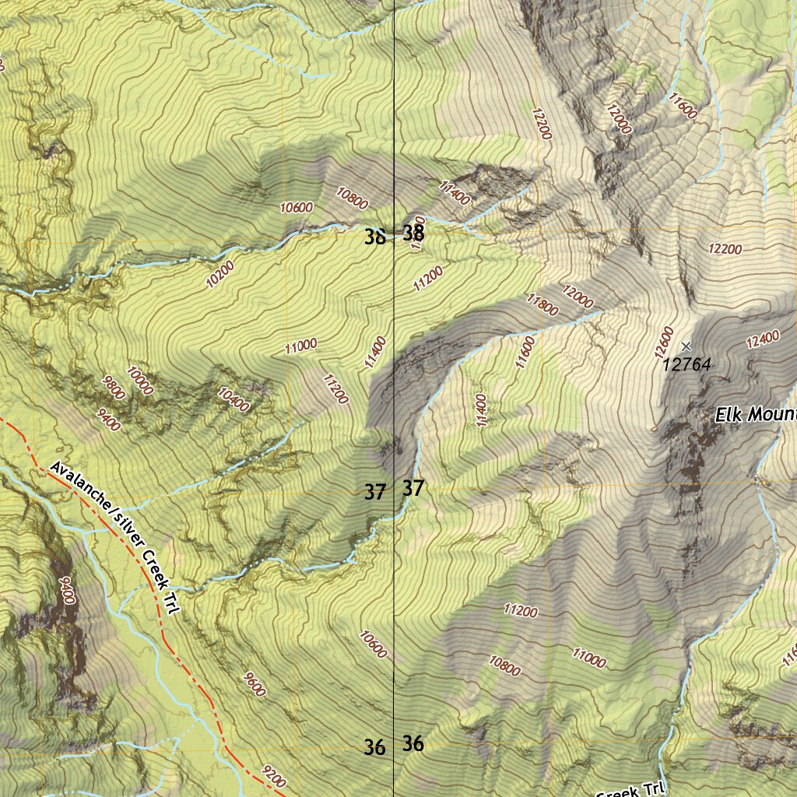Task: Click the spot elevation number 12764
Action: (x=687, y=363)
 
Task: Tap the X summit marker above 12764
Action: (x=686, y=346)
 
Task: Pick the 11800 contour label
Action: (x=542, y=304)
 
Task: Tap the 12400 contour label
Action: (x=762, y=339)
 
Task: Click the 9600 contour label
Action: (x=254, y=683)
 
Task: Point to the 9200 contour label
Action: (x=274, y=775)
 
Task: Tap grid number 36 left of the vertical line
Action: (x=374, y=748)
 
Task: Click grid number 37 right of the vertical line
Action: (x=413, y=489)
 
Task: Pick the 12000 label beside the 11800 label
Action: (x=578, y=296)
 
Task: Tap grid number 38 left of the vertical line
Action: (x=374, y=237)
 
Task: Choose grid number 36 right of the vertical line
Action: (x=413, y=744)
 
